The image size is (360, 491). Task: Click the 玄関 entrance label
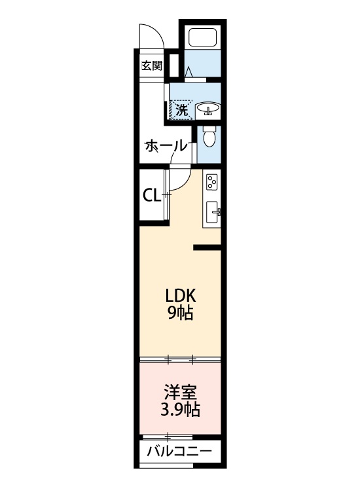(152, 66)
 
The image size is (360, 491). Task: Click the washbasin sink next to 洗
(208, 111)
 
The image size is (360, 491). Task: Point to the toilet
(209, 137)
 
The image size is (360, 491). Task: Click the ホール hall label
(166, 146)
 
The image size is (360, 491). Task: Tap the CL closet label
(151, 196)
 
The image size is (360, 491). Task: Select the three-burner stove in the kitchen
(211, 181)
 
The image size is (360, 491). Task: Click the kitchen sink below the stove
(213, 211)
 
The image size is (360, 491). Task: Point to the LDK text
(181, 295)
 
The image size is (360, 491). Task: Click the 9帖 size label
(180, 312)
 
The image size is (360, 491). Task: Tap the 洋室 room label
(181, 392)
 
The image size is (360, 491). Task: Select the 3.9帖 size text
(180, 409)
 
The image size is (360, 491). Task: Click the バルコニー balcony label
(180, 451)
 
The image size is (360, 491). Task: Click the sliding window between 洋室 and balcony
(168, 437)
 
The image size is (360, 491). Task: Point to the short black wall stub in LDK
(207, 247)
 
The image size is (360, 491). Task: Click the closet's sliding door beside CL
(166, 195)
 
